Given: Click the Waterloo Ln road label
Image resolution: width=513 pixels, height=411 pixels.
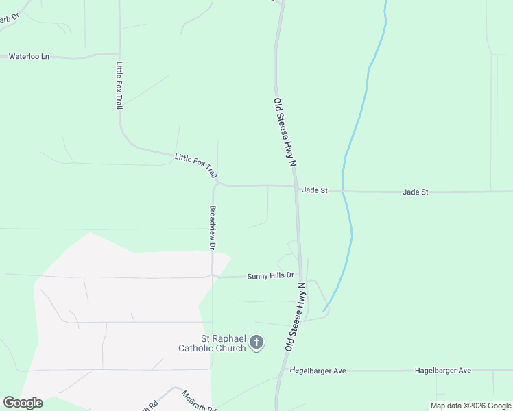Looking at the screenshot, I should (29, 57).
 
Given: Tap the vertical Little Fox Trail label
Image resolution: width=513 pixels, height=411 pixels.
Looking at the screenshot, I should (119, 86).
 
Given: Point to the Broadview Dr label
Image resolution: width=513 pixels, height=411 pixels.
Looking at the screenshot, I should (213, 227).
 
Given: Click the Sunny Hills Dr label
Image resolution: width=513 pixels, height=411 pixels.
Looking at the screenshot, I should (270, 276).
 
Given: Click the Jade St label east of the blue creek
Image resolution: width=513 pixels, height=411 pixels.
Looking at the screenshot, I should (416, 192).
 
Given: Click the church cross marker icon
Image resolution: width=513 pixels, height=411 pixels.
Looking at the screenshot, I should (256, 342).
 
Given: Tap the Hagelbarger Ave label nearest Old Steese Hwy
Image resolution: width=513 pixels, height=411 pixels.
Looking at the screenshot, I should (318, 371).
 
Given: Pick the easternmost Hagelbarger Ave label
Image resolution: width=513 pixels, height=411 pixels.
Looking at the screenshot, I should (443, 371).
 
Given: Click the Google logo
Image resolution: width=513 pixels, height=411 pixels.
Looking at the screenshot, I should (23, 403).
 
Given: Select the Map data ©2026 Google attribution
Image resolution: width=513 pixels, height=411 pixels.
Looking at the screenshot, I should (471, 406).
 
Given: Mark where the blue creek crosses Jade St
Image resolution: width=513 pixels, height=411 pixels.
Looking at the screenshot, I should (344, 192).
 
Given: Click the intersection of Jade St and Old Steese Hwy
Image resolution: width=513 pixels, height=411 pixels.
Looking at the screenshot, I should (297, 186).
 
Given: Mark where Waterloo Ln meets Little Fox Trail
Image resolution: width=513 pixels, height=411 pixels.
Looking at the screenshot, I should (119, 54).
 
